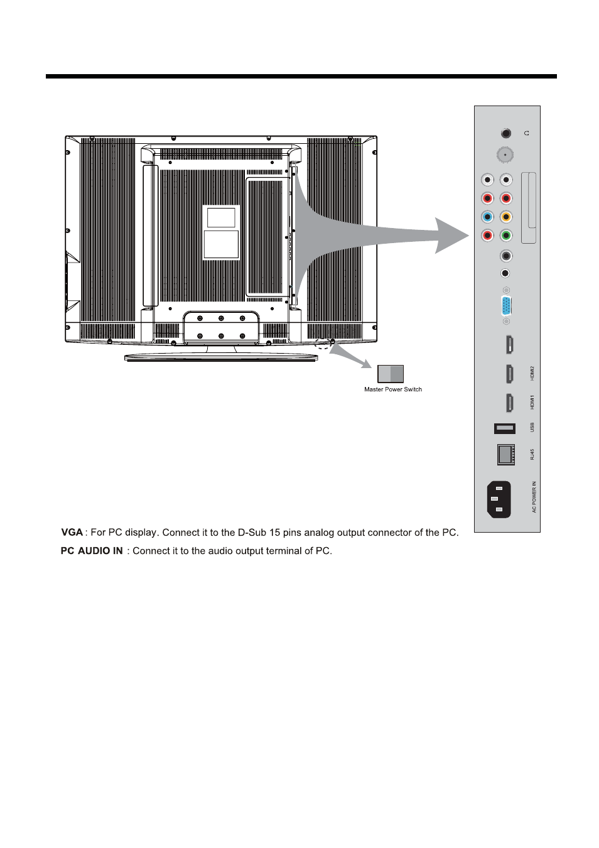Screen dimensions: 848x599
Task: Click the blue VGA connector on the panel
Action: click(x=506, y=307)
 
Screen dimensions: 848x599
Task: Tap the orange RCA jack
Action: click(x=506, y=217)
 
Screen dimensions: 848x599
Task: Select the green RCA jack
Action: click(x=506, y=236)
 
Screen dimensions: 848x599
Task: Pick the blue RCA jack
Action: click(x=487, y=217)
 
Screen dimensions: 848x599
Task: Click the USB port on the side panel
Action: click(x=505, y=428)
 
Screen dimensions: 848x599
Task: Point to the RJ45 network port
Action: click(x=505, y=454)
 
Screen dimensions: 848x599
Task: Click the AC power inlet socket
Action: click(x=499, y=500)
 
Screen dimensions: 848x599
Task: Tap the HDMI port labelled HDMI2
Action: click(x=509, y=374)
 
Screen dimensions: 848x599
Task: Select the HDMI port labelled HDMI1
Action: click(x=509, y=402)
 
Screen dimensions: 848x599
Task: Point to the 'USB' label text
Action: click(x=532, y=427)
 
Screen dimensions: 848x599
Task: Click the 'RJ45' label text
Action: click(x=532, y=454)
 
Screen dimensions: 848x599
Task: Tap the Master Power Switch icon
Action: click(x=390, y=374)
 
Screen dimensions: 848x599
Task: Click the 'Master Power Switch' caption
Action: click(x=393, y=389)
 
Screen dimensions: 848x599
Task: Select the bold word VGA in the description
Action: click(x=72, y=533)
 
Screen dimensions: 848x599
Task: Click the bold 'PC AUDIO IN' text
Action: click(x=92, y=551)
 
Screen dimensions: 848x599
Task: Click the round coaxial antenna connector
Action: click(x=505, y=155)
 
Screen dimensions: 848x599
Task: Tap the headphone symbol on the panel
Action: click(x=526, y=133)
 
